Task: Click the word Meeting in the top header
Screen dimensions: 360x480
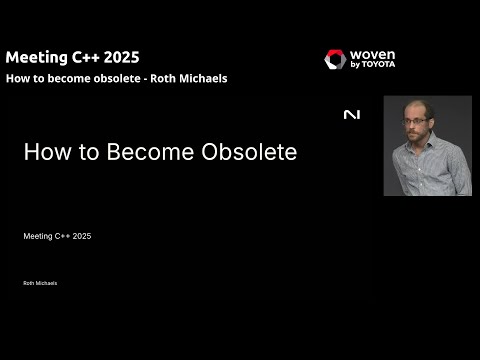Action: click(35, 57)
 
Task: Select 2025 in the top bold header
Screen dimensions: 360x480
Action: click(123, 57)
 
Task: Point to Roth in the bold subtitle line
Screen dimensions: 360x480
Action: click(165, 78)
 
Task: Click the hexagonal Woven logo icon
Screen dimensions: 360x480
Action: click(335, 60)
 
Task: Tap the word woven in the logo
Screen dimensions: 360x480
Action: click(374, 54)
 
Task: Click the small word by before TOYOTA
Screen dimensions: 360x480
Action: click(357, 65)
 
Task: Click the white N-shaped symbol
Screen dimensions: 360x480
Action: click(351, 115)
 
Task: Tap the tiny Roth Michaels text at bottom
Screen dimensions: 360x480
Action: click(40, 283)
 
